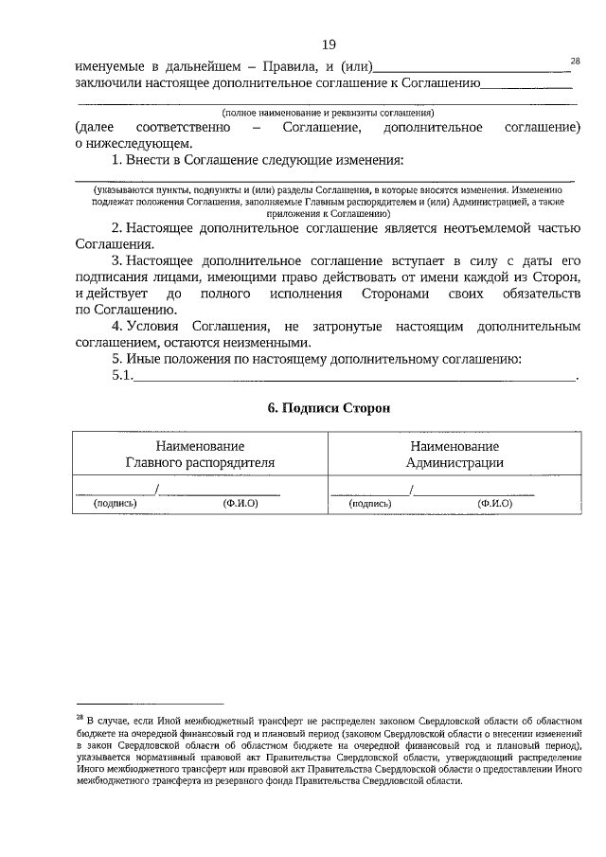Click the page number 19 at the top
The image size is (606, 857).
click(329, 45)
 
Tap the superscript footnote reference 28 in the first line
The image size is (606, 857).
click(575, 61)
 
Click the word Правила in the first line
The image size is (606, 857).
click(281, 66)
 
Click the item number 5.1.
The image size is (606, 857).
click(122, 377)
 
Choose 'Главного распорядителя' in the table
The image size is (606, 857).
click(200, 462)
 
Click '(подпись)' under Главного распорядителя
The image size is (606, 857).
click(116, 504)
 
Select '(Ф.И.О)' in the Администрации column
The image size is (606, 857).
click(495, 504)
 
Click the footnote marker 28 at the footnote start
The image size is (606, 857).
click(80, 718)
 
